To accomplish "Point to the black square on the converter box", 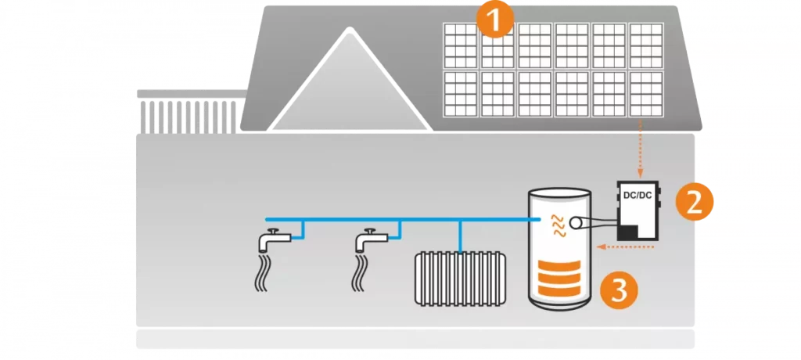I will [x=629, y=232].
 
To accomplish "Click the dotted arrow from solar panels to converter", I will [x=641, y=149].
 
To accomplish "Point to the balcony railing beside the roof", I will [x=188, y=113].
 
